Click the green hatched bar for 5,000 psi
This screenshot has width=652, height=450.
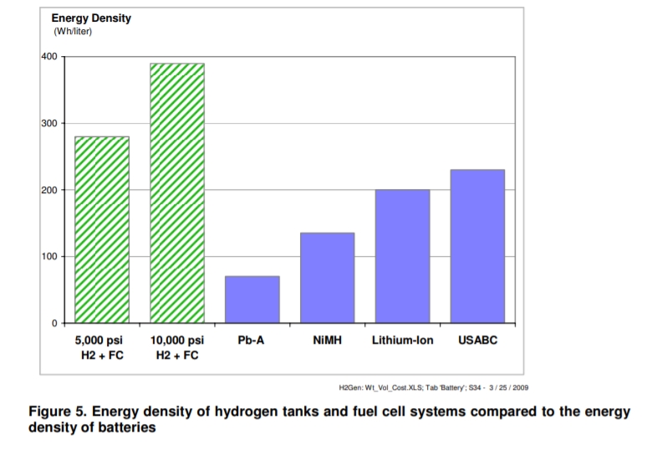click(x=102, y=229)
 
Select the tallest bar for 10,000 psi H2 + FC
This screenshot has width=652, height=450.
click(x=177, y=192)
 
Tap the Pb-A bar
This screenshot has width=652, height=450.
click(x=252, y=299)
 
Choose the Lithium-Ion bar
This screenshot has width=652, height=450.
click(x=402, y=255)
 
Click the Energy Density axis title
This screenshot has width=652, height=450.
click(x=91, y=18)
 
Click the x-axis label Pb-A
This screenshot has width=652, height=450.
click(x=252, y=341)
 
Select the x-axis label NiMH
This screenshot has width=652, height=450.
click(x=327, y=341)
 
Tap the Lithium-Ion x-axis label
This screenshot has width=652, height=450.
click(x=402, y=341)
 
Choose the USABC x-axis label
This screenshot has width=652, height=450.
click(x=477, y=341)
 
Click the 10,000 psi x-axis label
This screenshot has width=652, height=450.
click(x=177, y=341)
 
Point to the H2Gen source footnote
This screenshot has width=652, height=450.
click(x=433, y=387)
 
